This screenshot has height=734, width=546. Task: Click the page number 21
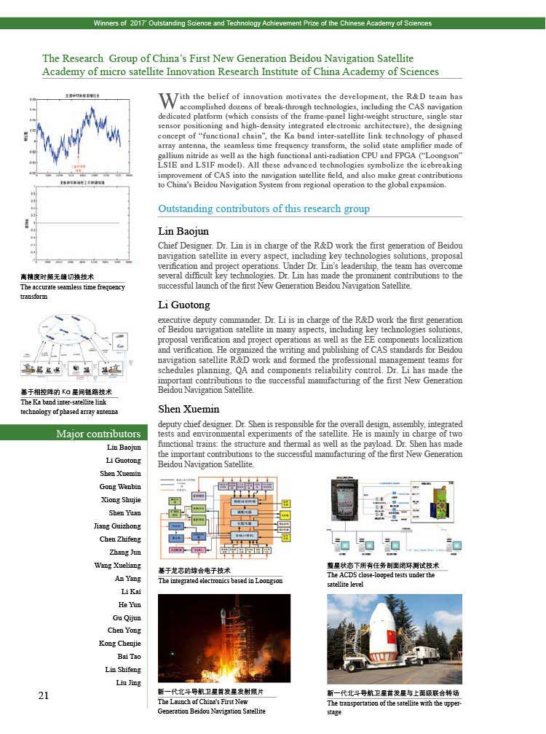tap(44, 695)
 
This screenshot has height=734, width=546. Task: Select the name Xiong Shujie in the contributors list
tap(121, 500)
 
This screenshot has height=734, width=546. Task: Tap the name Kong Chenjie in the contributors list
tap(120, 644)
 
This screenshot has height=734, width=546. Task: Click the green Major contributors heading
tap(98, 434)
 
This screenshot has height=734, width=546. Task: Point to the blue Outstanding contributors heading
tap(264, 209)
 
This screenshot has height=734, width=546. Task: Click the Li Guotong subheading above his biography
tap(184, 305)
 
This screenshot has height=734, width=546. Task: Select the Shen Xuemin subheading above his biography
tap(189, 409)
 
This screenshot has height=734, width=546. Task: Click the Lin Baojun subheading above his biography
tap(183, 231)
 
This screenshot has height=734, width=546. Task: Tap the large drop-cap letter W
tap(168, 100)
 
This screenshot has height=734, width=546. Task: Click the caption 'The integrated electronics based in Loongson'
tap(219, 581)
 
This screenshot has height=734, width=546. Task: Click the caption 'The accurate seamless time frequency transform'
tap(72, 292)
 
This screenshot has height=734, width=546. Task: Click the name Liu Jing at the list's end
tap(128, 682)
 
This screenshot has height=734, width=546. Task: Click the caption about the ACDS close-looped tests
tap(381, 579)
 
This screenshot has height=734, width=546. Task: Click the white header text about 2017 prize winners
tap(272, 23)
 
